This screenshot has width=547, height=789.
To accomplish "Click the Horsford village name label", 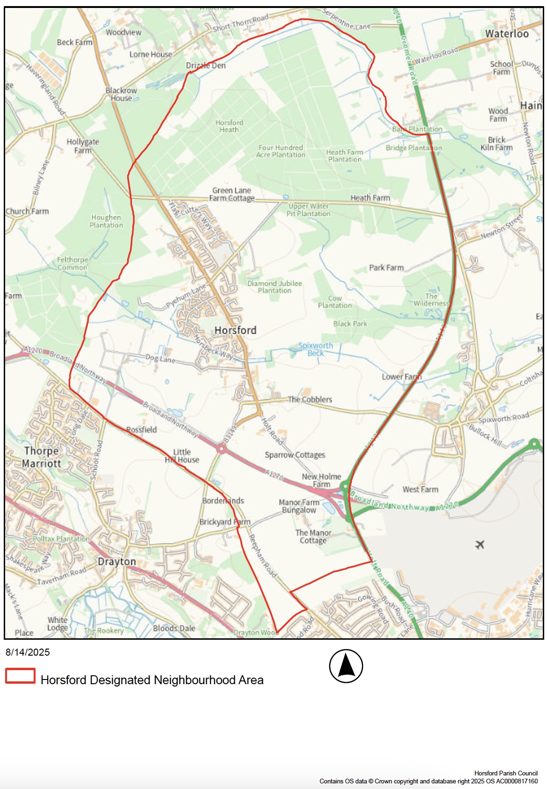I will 235,330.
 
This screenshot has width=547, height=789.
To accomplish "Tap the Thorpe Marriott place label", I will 42,457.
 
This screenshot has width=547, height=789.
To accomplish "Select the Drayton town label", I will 116,562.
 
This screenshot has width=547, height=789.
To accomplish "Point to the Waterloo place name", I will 507,34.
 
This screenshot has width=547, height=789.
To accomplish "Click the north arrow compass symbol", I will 346,666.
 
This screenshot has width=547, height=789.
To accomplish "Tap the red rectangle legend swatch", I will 20,676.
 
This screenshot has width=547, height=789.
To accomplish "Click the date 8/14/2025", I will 28,652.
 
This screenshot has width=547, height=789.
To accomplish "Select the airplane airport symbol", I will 480,544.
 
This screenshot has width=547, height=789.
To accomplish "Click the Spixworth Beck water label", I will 316,349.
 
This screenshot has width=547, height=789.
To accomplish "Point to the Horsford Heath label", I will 229,126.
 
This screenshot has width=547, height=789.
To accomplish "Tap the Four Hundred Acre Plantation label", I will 281,151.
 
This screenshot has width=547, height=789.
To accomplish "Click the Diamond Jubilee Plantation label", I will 274,287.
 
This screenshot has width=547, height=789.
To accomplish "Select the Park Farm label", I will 386,268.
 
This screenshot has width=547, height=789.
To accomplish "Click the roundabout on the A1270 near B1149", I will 221,449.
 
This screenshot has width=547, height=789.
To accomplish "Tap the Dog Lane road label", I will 160,358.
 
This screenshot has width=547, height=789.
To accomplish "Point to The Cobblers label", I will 309,400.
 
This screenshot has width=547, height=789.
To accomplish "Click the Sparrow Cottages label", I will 295,455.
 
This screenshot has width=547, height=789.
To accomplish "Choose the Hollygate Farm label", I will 83,146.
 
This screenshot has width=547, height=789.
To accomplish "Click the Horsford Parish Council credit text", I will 506,774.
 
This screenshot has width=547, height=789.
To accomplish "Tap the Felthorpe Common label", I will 72,263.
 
